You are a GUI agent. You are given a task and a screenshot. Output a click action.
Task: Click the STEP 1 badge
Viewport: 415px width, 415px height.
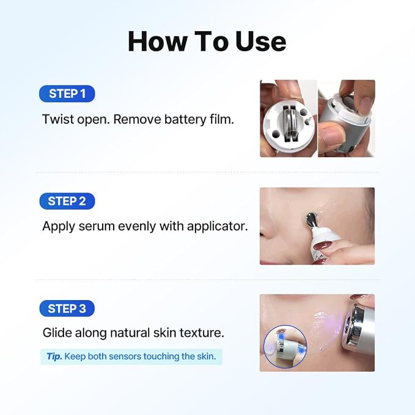pos(67,94)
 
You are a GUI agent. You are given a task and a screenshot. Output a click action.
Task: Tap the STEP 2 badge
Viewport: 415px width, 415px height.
pos(67,201)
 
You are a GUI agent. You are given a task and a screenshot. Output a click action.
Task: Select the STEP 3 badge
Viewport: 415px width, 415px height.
pos(67,308)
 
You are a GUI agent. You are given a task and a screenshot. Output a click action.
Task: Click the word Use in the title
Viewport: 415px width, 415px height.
pos(260,42)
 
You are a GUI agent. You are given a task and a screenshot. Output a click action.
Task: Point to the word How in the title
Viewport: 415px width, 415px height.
pos(157,42)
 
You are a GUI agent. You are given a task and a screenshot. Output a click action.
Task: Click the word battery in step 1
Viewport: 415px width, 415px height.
pos(185,119)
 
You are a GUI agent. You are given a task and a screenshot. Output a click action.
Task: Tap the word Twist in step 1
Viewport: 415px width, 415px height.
pos(58,119)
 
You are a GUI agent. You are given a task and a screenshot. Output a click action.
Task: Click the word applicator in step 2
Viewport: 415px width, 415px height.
pos(218,227)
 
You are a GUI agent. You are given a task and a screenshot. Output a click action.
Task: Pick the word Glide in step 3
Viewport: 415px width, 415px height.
pos(57,332)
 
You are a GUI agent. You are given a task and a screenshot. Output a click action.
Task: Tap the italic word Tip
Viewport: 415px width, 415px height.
pos(54,356)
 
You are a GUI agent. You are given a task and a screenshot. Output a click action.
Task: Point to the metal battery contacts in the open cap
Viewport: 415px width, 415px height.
pos(289,124)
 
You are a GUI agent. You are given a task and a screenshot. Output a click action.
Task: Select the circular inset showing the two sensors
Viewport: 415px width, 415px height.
pos(285,347)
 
